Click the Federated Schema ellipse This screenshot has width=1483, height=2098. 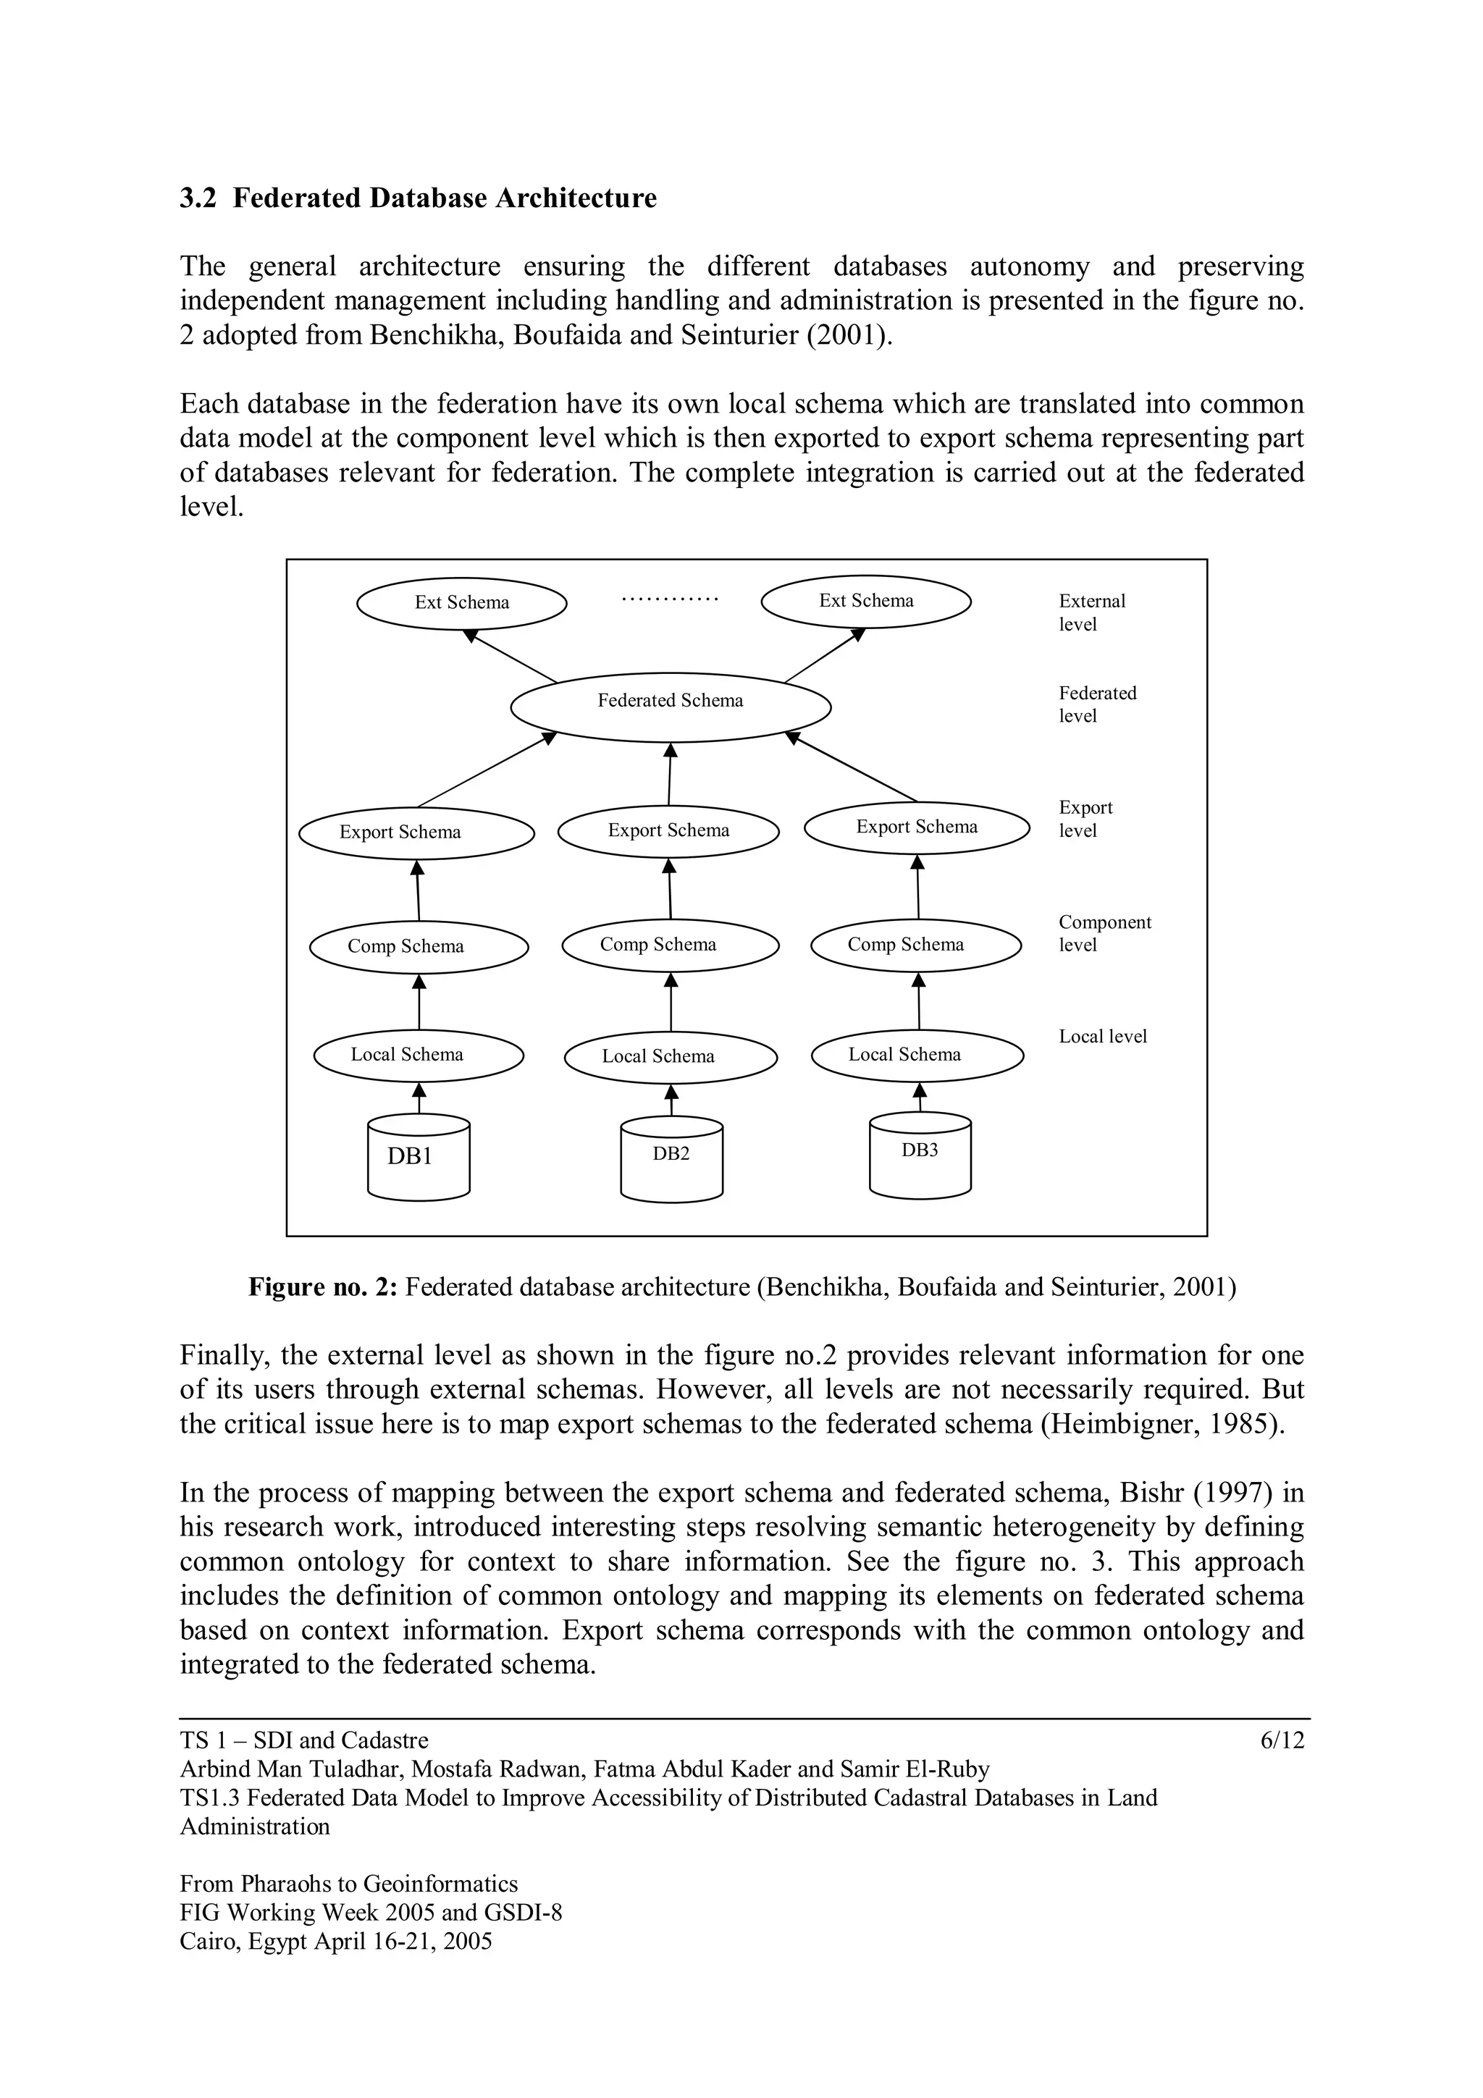tap(670, 707)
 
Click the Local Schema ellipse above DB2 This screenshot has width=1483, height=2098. tap(670, 1057)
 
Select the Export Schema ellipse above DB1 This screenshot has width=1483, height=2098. tap(416, 833)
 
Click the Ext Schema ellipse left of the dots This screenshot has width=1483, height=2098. tap(461, 603)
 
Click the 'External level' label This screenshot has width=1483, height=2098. tap(1091, 612)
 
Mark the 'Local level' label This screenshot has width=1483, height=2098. tap(1102, 1036)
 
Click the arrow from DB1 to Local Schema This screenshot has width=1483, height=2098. tap(419, 1098)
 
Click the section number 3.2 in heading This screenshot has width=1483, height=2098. tap(198, 198)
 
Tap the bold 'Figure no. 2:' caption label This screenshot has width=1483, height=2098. tap(322, 1287)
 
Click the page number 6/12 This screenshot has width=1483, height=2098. tap(1282, 1740)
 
